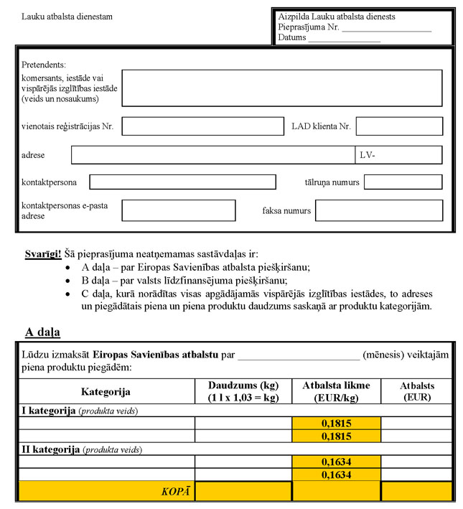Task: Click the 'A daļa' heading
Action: pyautogui.click(x=42, y=332)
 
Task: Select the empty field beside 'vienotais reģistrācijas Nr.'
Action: pyautogui.click(x=202, y=126)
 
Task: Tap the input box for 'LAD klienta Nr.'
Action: pyautogui.click(x=399, y=126)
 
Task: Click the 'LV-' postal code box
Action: pyautogui.click(x=398, y=155)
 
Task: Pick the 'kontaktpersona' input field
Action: pyautogui.click(x=182, y=182)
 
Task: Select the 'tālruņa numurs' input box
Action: pyautogui.click(x=403, y=182)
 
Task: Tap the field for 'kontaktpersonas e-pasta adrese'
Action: pyautogui.click(x=178, y=210)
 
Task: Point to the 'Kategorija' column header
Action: pyautogui.click(x=106, y=392)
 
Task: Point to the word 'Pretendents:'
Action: pyautogui.click(x=44, y=64)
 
